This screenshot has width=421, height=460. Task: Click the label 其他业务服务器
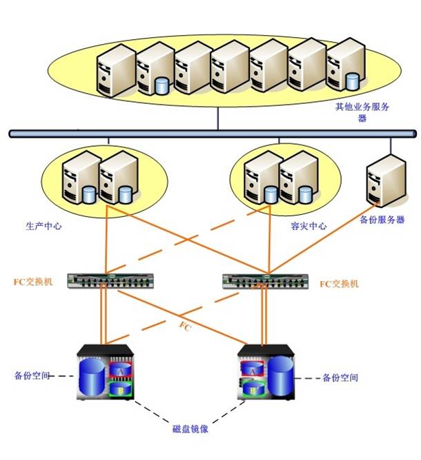pyautogui.click(x=362, y=112)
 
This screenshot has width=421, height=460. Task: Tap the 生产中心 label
pyautogui.click(x=43, y=226)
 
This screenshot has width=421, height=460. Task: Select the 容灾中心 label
pyautogui.click(x=309, y=226)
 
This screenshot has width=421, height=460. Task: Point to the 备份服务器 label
pyautogui.click(x=382, y=220)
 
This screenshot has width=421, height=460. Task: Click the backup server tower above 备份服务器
pyautogui.click(x=386, y=180)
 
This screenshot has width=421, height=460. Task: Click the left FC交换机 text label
pyautogui.click(x=33, y=282)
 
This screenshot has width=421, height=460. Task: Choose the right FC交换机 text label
pyautogui.click(x=340, y=284)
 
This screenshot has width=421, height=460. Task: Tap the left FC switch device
pyautogui.click(x=110, y=281)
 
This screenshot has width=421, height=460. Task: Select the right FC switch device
pyautogui.click(x=266, y=282)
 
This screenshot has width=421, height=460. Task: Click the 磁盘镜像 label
pyautogui.click(x=190, y=429)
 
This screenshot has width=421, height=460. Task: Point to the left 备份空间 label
pyautogui.click(x=32, y=375)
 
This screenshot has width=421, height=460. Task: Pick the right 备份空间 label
pyautogui.click(x=340, y=377)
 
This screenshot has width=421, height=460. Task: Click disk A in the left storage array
pyautogui.click(x=121, y=370)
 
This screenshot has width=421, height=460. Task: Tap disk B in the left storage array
pyautogui.click(x=121, y=389)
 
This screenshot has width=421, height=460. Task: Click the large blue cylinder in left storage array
pyautogui.click(x=92, y=377)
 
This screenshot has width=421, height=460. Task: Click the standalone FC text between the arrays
pyautogui.click(x=186, y=326)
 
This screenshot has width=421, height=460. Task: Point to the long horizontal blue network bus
pyautogui.click(x=213, y=134)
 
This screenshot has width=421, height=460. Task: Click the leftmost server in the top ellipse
pyautogui.click(x=117, y=70)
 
